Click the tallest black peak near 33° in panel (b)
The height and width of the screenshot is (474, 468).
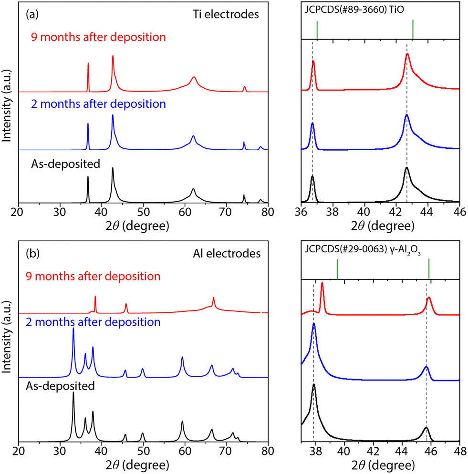coord(73,393)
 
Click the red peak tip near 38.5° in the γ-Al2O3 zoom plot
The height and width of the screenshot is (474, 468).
coord(322,283)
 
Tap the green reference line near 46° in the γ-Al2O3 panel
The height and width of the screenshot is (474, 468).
coord(429,268)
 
